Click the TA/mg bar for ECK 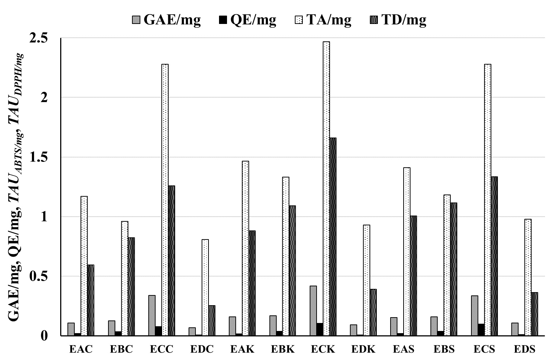point(326,189)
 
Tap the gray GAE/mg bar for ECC point(152,315)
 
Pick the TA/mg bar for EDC point(205,287)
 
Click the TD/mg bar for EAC point(91,300)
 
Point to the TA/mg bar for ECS point(488,200)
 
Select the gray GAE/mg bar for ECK point(313,311)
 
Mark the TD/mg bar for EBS point(454,269)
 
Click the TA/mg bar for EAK point(245,248)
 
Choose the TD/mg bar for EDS point(535,314)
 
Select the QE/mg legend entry point(248,20)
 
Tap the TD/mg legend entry point(398,20)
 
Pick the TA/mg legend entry point(323,20)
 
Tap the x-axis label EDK point(363,349)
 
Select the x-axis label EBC point(121,349)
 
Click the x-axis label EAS point(404,349)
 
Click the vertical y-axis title point(16,187)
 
